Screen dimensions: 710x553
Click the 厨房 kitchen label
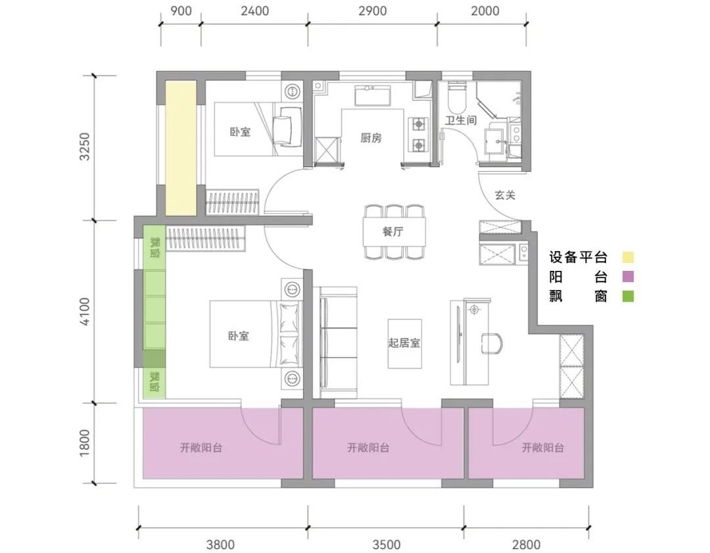click(x=371, y=137)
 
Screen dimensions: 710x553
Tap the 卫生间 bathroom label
click(x=460, y=120)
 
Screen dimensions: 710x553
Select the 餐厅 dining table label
click(x=392, y=231)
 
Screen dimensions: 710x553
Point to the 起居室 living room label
click(x=404, y=343)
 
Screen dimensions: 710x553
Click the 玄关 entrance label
click(x=505, y=195)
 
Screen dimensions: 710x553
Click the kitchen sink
click(x=372, y=95)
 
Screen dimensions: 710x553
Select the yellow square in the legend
click(x=628, y=257)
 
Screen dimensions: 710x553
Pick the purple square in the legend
click(x=628, y=276)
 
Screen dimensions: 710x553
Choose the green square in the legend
click(x=628, y=296)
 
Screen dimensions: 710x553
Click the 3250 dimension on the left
click(x=85, y=147)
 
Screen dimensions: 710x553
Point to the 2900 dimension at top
click(x=373, y=11)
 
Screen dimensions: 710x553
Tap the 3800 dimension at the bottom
click(x=220, y=544)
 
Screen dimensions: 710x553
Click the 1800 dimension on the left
click(x=85, y=443)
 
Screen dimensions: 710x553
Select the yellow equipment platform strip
click(x=181, y=148)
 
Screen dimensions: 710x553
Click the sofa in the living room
click(x=339, y=343)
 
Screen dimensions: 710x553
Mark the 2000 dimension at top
click(x=485, y=11)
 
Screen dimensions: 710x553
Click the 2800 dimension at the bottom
click(x=527, y=544)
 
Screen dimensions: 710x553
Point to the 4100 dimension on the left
click(x=85, y=311)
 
